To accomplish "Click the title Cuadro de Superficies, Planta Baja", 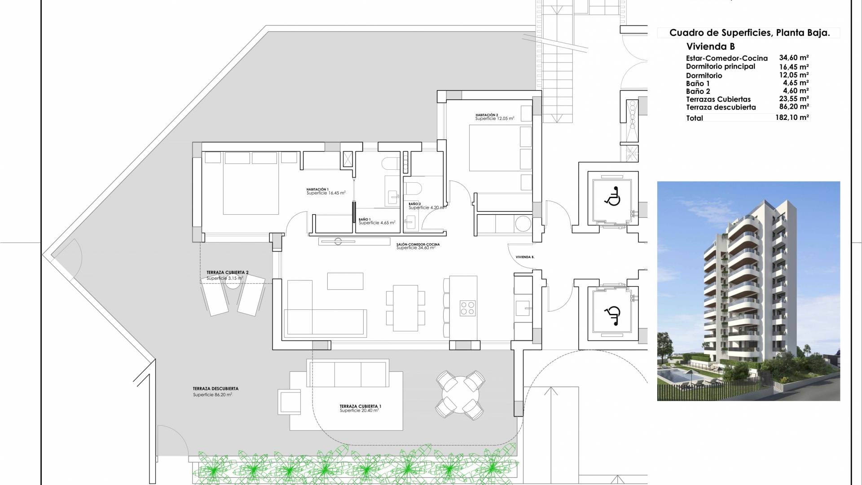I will (749, 33).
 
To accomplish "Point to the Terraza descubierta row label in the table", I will (721, 107).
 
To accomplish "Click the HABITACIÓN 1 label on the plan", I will (318, 190).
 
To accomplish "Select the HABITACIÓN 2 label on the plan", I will (487, 115).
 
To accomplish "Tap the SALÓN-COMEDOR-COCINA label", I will (418, 245).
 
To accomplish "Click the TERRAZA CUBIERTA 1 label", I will (360, 406).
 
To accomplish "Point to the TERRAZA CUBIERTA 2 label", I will (227, 273).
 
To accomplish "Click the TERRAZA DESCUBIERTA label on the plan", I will (215, 389).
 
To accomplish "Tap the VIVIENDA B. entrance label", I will (525, 257).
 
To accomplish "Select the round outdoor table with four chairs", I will (461, 395).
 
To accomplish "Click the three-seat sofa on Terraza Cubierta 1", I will (347, 373).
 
